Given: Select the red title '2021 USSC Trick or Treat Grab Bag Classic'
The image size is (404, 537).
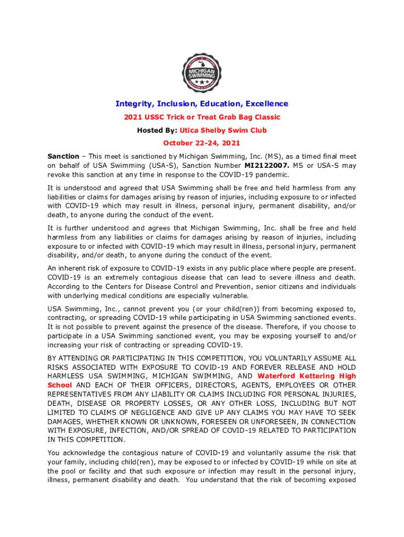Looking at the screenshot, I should click(x=202, y=117).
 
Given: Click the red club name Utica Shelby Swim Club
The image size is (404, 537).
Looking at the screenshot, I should click(x=223, y=130).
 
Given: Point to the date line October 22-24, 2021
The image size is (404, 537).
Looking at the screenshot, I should click(x=202, y=143).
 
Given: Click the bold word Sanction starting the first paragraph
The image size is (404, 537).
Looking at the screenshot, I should click(x=63, y=156).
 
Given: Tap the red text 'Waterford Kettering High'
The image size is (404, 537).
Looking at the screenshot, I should click(x=307, y=376).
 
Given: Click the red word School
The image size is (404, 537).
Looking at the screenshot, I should click(x=60, y=385).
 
